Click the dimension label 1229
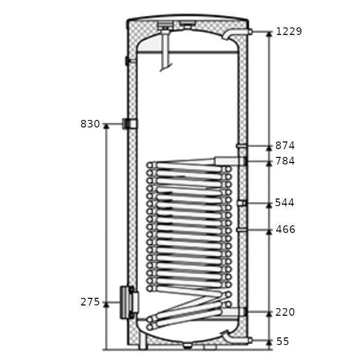click(289, 31)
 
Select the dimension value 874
click(285, 146)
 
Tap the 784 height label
click(285, 161)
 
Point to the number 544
click(284, 203)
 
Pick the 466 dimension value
click(285, 229)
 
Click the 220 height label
click(285, 312)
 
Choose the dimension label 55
click(283, 341)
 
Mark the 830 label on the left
click(90, 124)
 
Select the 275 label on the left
click(90, 302)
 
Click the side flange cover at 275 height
click(129, 302)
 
